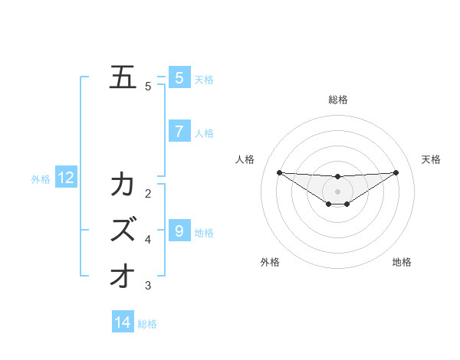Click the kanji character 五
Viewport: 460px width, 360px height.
(123, 77)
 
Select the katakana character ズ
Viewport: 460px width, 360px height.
(123, 230)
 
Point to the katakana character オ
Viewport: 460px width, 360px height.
(123, 275)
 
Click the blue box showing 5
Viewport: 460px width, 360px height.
(179, 77)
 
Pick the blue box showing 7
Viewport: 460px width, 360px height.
(179, 132)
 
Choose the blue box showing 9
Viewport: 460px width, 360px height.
(179, 231)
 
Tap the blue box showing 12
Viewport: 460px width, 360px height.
(66, 178)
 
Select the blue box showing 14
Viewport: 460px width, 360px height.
(123, 322)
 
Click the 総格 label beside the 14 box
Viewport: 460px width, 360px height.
(147, 324)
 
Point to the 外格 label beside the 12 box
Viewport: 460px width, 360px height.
(41, 179)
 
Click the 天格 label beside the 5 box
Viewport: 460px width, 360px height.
(204, 79)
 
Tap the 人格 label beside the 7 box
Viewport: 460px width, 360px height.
(204, 133)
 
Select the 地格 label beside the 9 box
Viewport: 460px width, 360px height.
(204, 232)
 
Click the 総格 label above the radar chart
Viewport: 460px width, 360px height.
(337, 100)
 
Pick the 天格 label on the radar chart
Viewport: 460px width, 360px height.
(432, 159)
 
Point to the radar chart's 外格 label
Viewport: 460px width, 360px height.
(270, 262)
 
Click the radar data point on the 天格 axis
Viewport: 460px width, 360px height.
(396, 172)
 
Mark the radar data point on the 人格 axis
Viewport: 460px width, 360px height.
(279, 172)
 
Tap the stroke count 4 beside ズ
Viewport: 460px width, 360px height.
(148, 240)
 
